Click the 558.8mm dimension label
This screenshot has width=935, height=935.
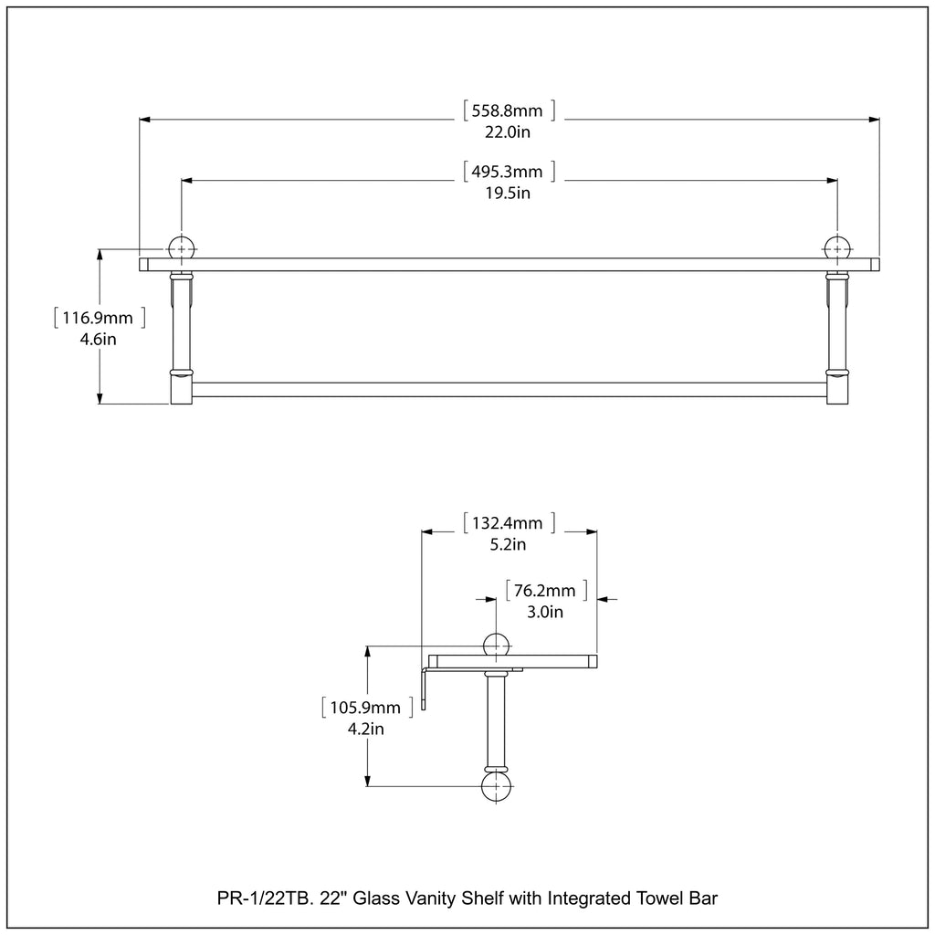(510, 111)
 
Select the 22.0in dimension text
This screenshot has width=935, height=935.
(510, 131)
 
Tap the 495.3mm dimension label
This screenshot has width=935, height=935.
(510, 172)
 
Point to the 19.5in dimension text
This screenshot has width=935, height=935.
(510, 193)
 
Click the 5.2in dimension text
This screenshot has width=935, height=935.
(509, 545)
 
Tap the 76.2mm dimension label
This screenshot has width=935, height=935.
(545, 591)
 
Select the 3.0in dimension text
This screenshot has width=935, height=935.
(545, 612)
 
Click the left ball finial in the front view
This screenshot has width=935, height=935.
(181, 248)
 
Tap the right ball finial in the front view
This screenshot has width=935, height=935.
(837, 248)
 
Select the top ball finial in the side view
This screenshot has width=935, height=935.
(497, 645)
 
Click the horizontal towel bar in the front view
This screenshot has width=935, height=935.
(510, 390)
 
